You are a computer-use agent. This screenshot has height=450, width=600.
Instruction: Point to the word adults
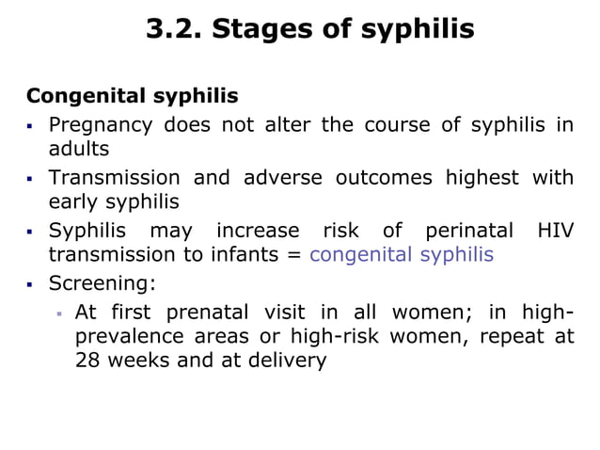(79, 149)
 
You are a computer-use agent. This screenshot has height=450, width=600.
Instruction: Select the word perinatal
(468, 230)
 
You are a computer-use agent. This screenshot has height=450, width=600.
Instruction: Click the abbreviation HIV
(555, 230)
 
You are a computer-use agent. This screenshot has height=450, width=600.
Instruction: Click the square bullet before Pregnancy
(31, 125)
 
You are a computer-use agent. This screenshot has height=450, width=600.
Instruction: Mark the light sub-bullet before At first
(57, 312)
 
